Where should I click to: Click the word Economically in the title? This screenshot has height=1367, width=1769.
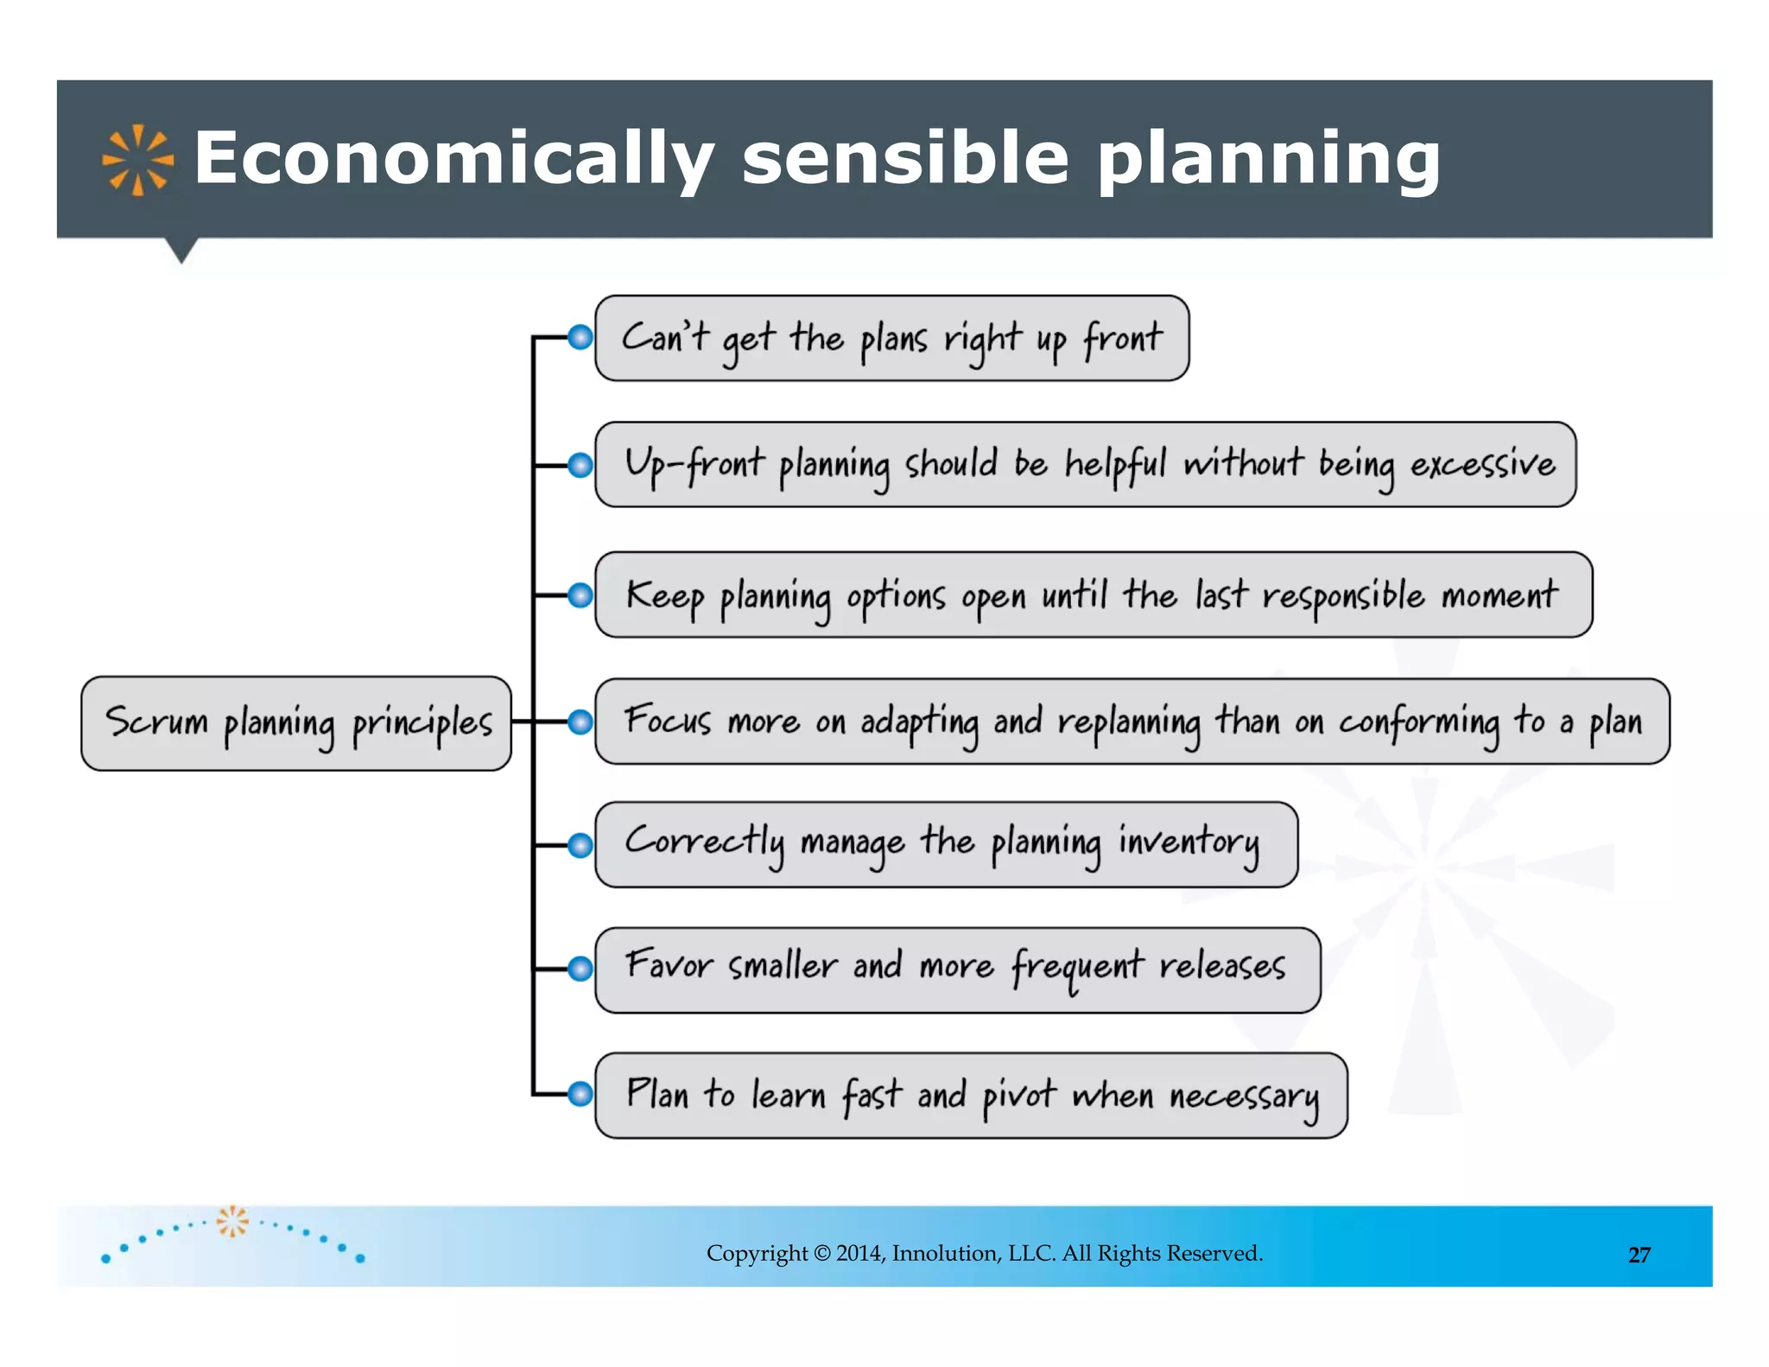453,159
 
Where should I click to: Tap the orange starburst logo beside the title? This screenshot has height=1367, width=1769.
138,160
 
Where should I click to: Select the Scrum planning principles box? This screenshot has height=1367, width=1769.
296,723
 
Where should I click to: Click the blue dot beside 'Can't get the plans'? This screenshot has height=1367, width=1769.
580,337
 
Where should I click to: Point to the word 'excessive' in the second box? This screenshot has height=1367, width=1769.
1482,465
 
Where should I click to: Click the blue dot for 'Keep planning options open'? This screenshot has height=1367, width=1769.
580,595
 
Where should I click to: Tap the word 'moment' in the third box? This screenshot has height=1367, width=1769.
1500,595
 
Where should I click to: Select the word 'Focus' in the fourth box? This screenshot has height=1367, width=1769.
668,721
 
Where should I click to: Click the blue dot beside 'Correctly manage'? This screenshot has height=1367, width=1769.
580,845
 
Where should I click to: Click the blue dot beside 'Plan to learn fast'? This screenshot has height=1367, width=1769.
580,1094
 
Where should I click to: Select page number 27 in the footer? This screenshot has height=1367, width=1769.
1639,1255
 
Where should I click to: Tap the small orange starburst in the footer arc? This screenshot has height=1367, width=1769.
232,1221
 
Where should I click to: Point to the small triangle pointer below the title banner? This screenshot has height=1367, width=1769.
181,250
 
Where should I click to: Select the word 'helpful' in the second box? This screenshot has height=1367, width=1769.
1114,465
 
